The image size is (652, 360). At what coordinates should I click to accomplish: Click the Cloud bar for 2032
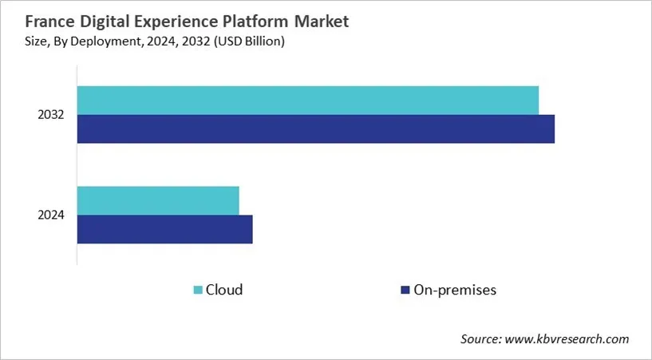coord(307,100)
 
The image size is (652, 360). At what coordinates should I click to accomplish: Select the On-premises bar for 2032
coord(315,129)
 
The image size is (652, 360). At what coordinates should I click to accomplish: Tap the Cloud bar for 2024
coord(158,200)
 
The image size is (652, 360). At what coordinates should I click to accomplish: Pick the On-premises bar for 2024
coord(164,229)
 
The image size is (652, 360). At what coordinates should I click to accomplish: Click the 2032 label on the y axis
coord(50,115)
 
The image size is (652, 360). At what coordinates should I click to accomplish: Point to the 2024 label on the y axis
coord(50,215)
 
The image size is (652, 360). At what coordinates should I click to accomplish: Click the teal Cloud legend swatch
coord(198,290)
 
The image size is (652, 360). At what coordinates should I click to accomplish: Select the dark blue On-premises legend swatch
coord(405,290)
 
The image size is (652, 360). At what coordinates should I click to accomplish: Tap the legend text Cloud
coord(224,290)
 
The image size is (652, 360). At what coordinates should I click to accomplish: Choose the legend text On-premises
coord(455,290)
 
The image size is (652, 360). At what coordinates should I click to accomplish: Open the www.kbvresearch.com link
coord(568,339)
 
